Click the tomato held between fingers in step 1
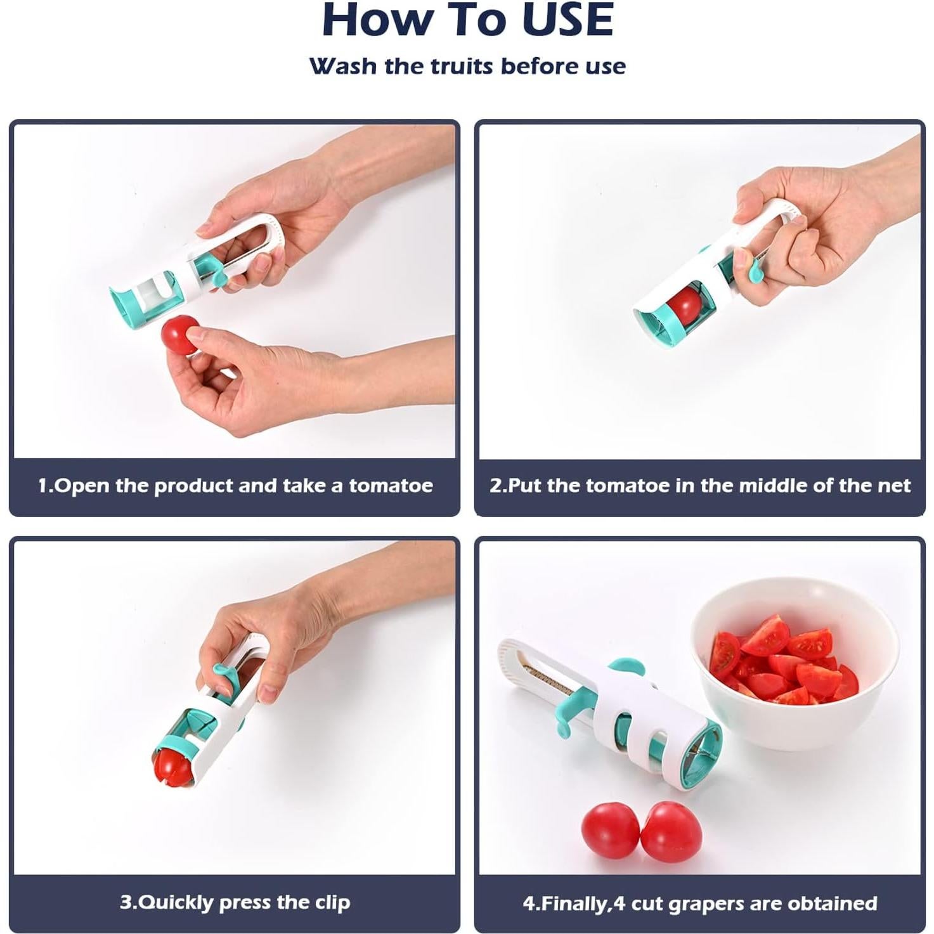(x=179, y=334)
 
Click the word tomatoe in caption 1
(x=391, y=486)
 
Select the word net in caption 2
(x=893, y=486)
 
